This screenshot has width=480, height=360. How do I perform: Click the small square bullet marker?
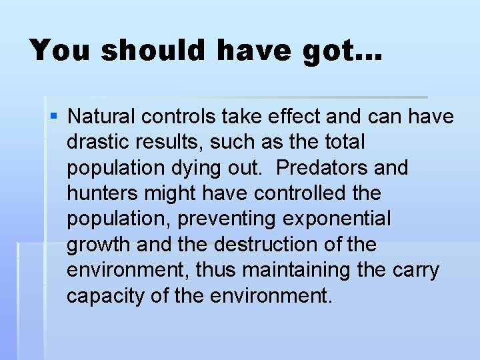[54, 117]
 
